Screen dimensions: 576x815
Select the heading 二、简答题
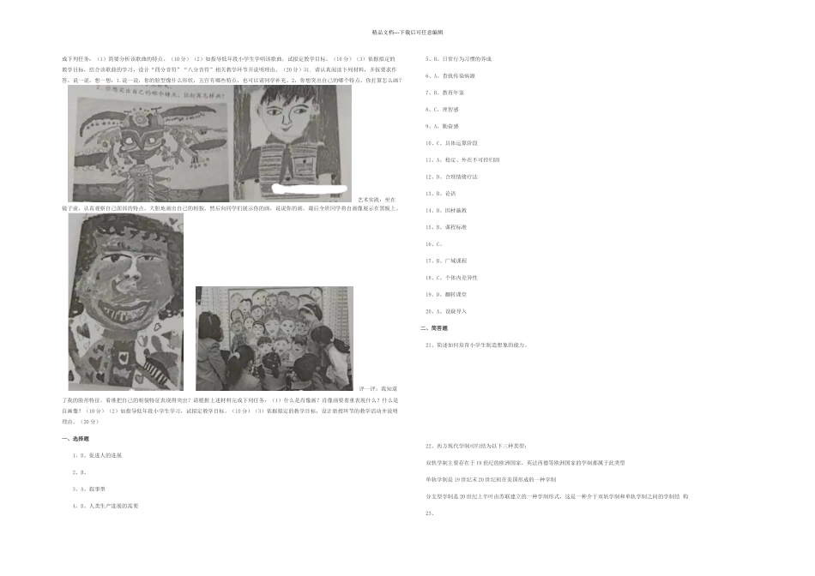click(x=434, y=328)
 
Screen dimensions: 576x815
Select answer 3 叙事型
click(x=92, y=489)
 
